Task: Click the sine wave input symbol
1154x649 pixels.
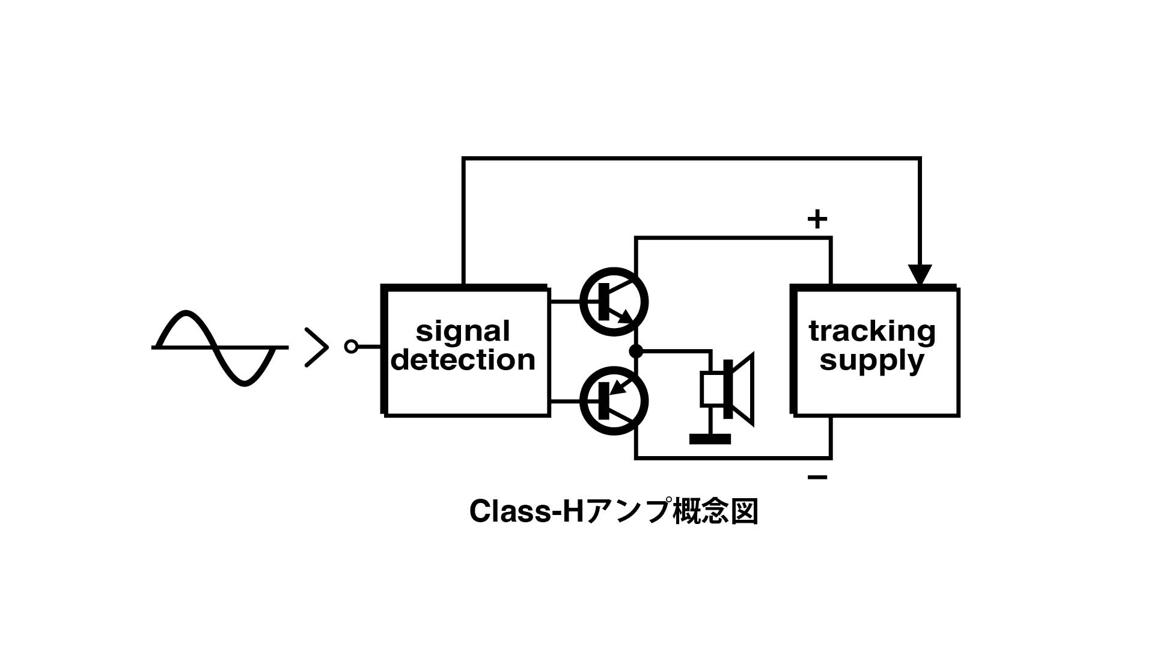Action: tap(219, 347)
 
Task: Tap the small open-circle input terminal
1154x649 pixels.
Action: tap(352, 347)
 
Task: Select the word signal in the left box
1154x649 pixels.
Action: tap(463, 332)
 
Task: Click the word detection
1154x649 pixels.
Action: tap(463, 359)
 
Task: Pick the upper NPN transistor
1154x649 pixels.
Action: tap(614, 302)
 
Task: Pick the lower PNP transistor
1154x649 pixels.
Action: tap(614, 401)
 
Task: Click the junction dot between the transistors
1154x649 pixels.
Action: tap(636, 351)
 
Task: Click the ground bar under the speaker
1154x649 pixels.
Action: tap(710, 439)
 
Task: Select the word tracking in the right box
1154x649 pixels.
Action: tap(872, 332)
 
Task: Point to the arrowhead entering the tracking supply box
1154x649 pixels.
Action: tap(920, 275)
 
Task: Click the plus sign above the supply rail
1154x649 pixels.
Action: tap(817, 219)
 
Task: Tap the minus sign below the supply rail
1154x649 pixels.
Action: tap(817, 478)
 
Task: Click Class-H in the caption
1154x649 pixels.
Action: tap(527, 512)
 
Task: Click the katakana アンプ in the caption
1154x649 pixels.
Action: tap(628, 512)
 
